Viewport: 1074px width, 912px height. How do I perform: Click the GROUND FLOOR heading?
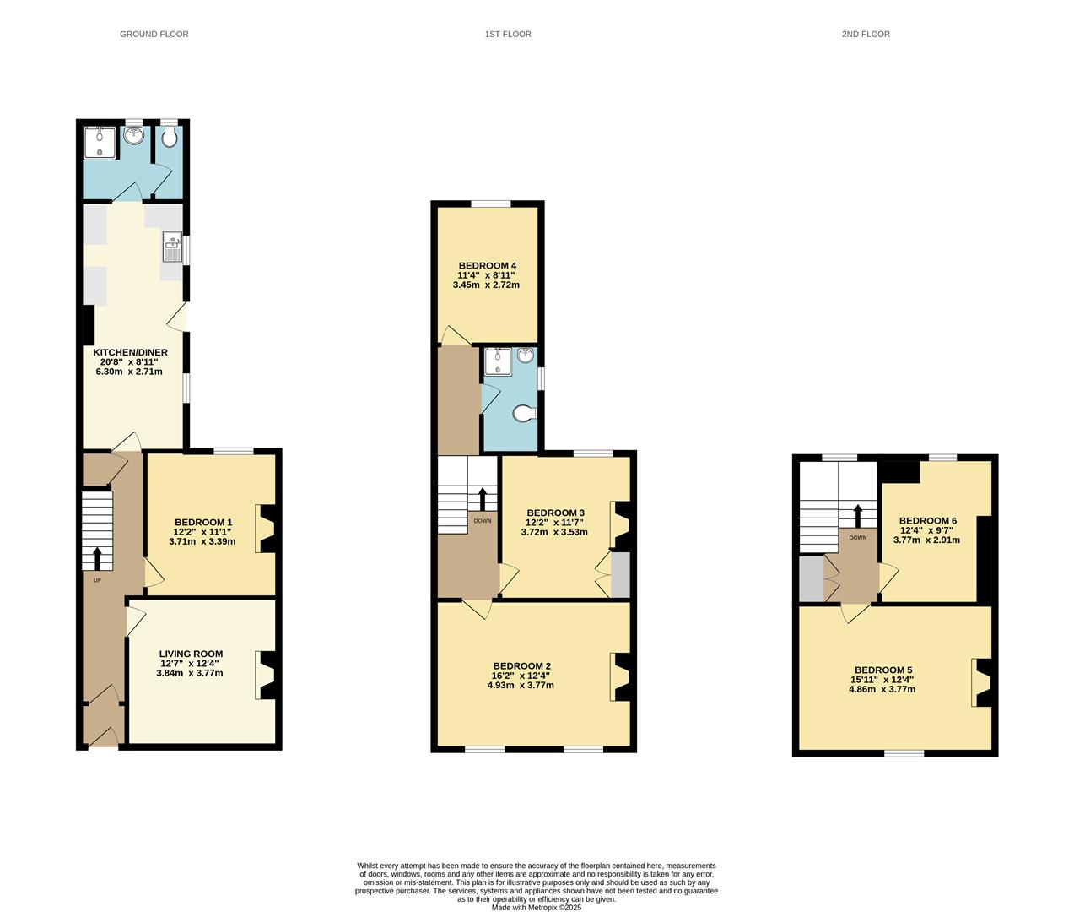click(x=154, y=35)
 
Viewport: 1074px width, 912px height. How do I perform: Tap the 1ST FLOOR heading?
click(x=508, y=35)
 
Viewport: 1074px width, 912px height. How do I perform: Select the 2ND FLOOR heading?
click(x=866, y=35)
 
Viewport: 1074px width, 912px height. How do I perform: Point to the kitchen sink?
click(x=173, y=246)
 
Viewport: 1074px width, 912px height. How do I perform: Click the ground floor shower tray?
click(x=100, y=142)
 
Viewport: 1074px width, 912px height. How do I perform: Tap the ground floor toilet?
click(x=170, y=138)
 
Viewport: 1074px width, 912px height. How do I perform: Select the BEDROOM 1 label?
click(x=202, y=523)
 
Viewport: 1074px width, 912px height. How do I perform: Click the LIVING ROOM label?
click(x=191, y=654)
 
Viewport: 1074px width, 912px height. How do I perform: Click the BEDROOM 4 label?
click(x=487, y=265)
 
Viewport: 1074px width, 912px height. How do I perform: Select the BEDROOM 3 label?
click(x=555, y=513)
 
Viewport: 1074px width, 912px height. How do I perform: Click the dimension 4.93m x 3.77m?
click(x=521, y=685)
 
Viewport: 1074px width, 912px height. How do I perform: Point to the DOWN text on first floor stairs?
click(x=483, y=521)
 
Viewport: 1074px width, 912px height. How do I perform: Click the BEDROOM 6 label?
click(x=927, y=521)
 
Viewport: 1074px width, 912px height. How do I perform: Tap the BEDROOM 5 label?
click(x=882, y=670)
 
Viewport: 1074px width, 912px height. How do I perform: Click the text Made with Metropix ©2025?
click(x=537, y=907)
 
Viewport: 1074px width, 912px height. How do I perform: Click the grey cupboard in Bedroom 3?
click(x=620, y=576)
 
